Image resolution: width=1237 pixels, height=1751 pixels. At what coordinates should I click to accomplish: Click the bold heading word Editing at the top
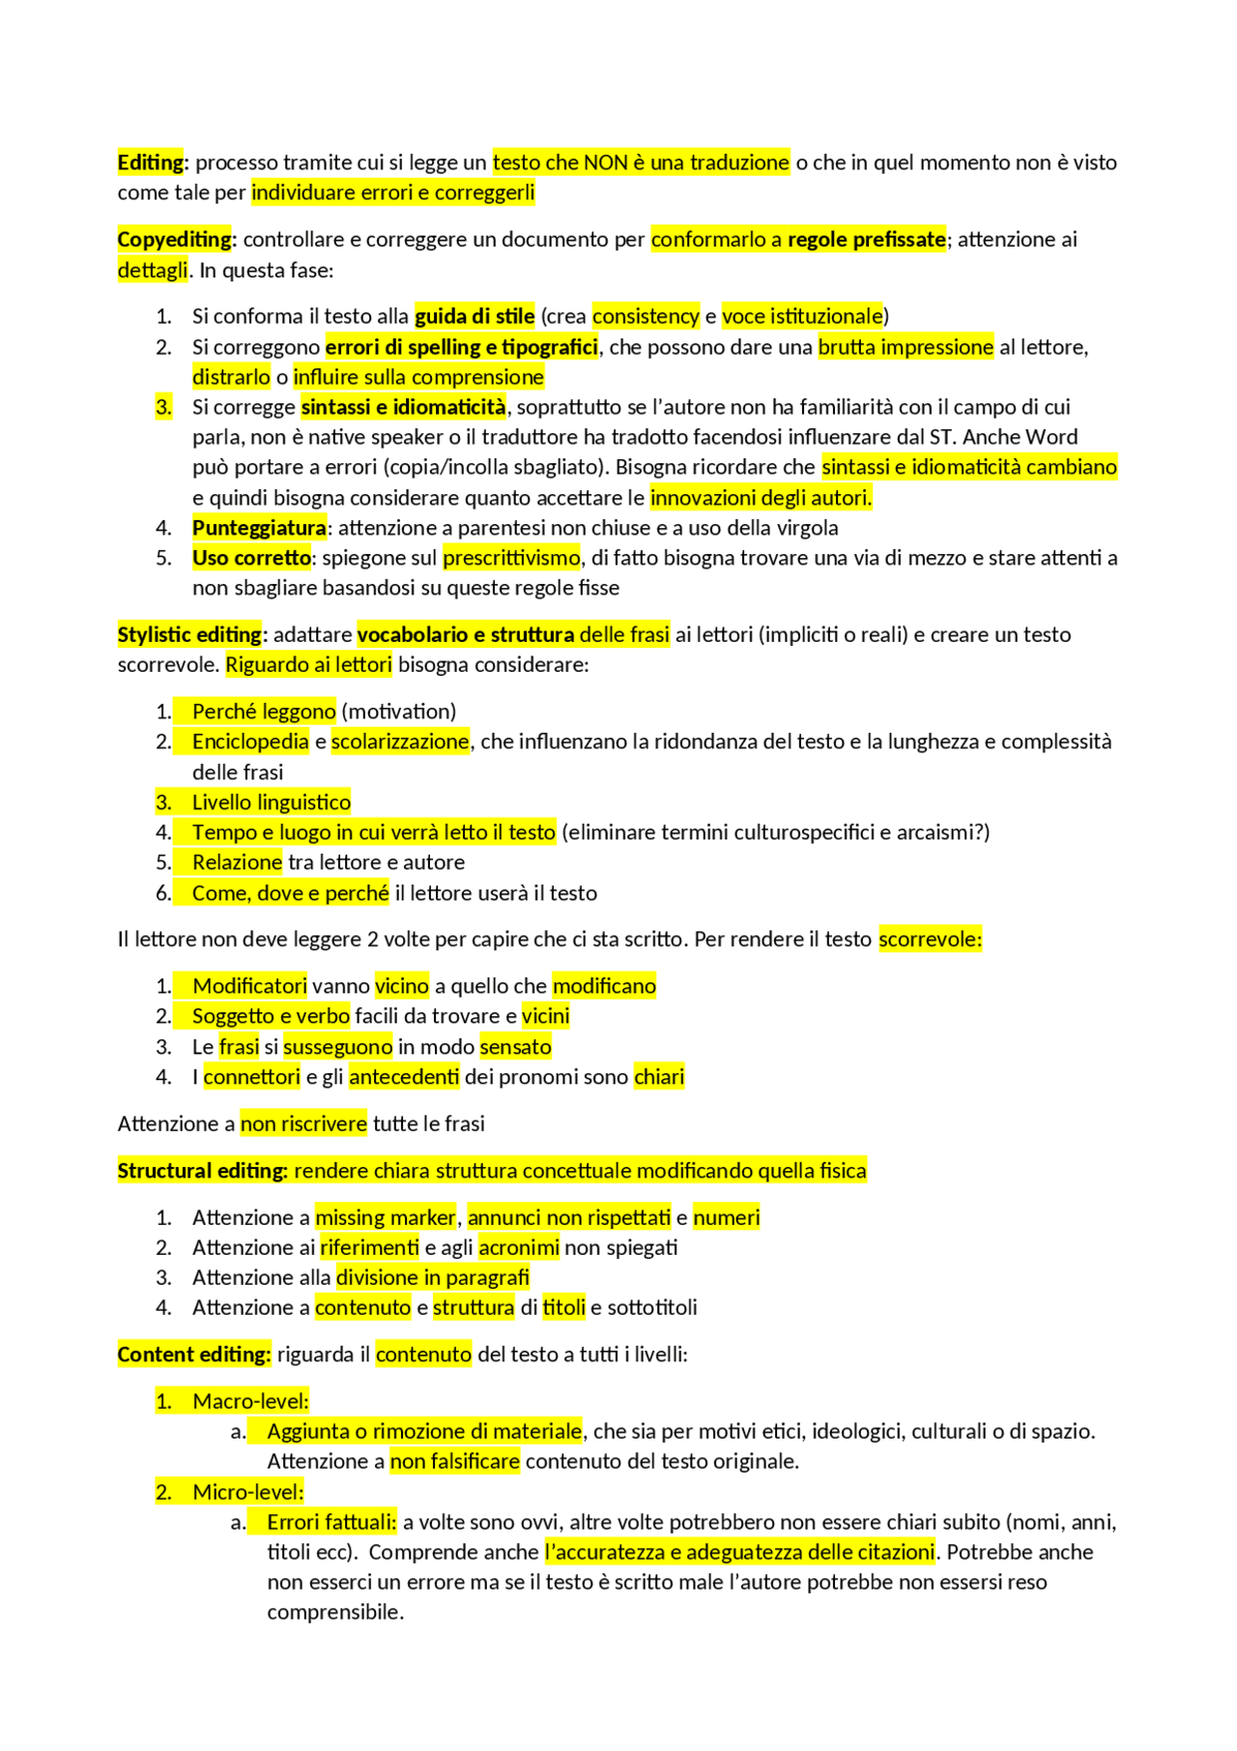152,162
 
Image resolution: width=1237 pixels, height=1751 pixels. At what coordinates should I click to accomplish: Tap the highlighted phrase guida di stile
475,316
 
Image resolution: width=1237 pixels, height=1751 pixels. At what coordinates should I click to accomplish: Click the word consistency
646,316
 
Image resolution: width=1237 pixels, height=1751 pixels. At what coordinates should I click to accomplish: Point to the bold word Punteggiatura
259,528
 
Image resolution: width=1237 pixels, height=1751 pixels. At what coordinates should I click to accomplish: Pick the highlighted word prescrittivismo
511,558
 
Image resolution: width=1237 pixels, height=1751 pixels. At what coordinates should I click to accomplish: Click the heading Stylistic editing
189,634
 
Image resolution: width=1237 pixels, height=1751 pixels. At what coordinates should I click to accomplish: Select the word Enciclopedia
250,742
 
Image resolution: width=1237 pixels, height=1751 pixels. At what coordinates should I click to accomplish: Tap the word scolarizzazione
400,742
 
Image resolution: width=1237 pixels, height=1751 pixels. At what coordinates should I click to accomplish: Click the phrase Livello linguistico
272,803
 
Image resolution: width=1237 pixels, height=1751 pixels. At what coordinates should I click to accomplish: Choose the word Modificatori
249,986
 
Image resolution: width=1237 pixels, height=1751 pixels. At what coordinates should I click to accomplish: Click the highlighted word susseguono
338,1047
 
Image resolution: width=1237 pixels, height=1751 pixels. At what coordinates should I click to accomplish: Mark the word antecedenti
404,1077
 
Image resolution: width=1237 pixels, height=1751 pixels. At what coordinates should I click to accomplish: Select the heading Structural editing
203,1171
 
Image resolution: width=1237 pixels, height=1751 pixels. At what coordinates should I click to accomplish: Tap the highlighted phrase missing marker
386,1217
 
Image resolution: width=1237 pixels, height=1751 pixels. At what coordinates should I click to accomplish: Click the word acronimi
519,1247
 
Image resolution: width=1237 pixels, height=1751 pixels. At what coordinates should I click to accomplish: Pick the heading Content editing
193,1355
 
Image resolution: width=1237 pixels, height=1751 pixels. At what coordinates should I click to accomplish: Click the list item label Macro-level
250,1401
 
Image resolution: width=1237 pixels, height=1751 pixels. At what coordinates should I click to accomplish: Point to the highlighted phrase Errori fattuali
331,1522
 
